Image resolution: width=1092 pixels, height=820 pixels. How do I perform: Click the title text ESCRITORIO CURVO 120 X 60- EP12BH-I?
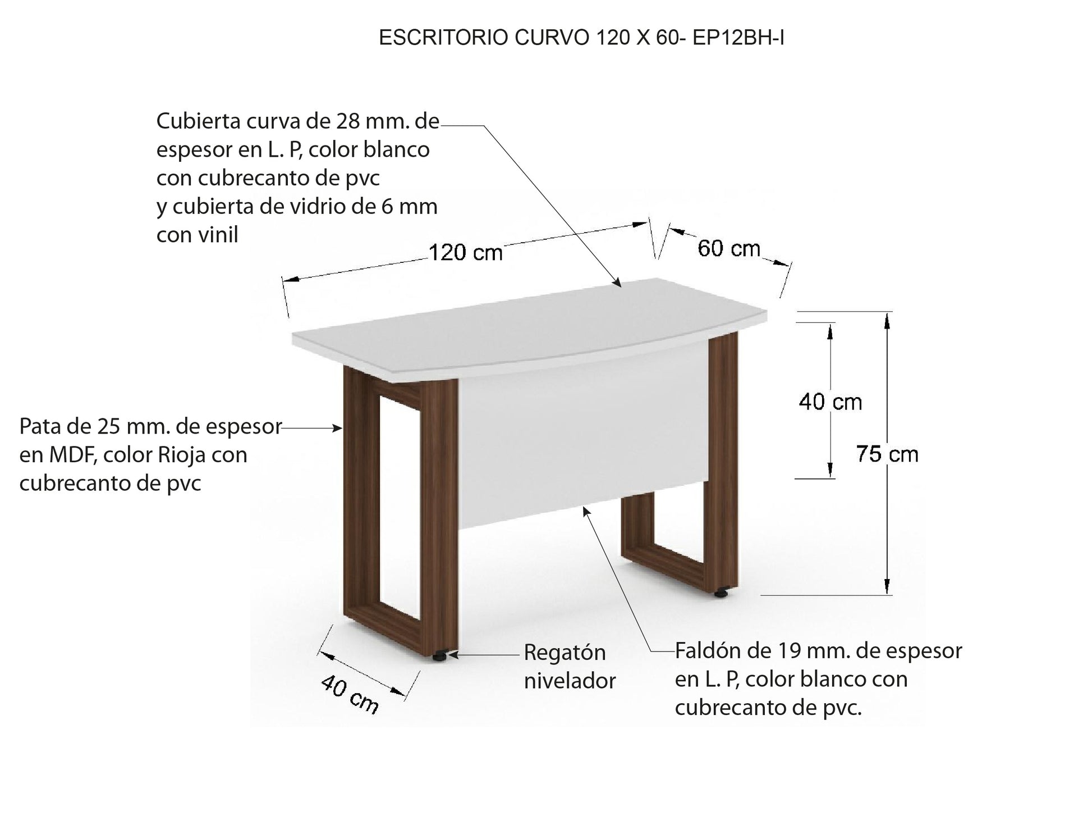581,38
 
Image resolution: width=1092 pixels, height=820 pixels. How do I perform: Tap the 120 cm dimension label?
466,253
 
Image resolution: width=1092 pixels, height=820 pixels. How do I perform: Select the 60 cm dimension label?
729,248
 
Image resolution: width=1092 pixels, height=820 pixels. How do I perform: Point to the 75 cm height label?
887,454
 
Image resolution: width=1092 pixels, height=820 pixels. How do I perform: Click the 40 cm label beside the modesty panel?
831,402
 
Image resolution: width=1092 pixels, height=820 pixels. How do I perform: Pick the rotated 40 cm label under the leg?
350,695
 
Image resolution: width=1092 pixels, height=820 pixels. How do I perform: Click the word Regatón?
565,653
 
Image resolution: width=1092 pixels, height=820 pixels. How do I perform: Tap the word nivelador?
570,681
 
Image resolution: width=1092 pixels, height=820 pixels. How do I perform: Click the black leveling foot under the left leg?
441,655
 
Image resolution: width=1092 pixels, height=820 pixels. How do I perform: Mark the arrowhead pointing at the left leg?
337,429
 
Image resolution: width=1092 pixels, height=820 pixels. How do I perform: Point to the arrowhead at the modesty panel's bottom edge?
586,511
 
